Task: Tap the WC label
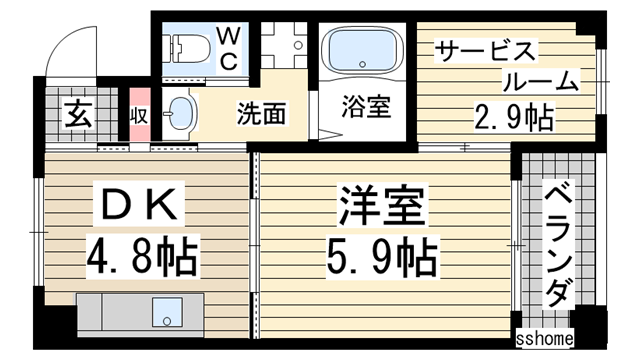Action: coord(227,47)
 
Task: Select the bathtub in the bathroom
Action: coord(360,49)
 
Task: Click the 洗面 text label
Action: coord(261,114)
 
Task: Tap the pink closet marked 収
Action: coord(137,115)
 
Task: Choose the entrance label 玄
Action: coord(79,114)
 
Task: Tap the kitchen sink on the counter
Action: coord(162,310)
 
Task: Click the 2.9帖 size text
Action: coord(513,118)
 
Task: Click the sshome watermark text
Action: coord(544,340)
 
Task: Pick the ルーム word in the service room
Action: coord(537,83)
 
